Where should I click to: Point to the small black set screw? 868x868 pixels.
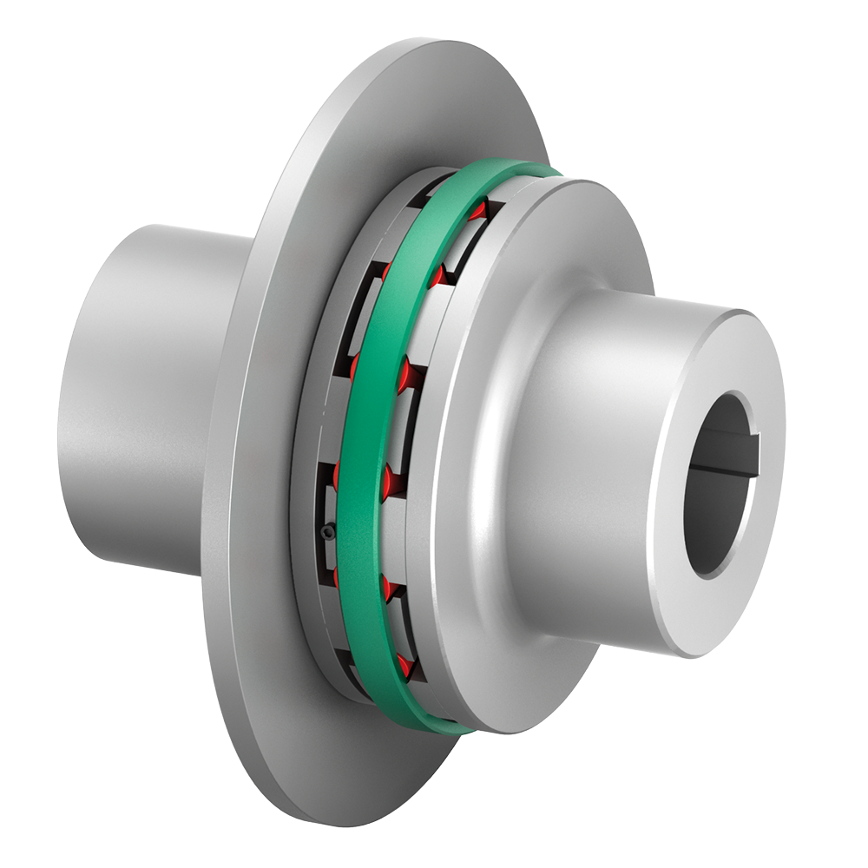coord(325,531)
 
